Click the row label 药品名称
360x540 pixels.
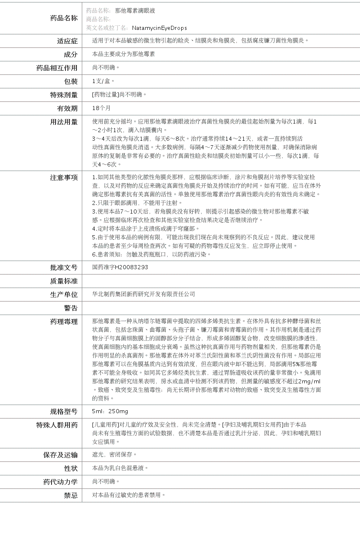coord(64,18)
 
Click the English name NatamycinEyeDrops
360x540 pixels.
coord(159,28)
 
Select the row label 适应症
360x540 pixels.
coord(67,41)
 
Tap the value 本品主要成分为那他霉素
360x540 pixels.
coord(124,54)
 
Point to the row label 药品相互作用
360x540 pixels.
coord(57,68)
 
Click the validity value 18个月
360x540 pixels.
coord(101,108)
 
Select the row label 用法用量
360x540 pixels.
coord(64,122)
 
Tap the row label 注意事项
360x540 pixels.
coord(64,178)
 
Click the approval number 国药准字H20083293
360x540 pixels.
coord(120,267)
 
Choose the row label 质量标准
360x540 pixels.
coord(64,281)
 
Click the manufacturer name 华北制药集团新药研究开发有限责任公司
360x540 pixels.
coord(144,294)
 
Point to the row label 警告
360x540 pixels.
coord(70,308)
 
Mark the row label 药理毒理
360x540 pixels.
coord(64,322)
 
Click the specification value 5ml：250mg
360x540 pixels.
coord(110,411)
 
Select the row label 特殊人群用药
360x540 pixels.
coord(57,425)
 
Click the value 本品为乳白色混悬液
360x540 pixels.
coord(120,468)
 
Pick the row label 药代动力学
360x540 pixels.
coord(61,482)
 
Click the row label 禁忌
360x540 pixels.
coord(70,495)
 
